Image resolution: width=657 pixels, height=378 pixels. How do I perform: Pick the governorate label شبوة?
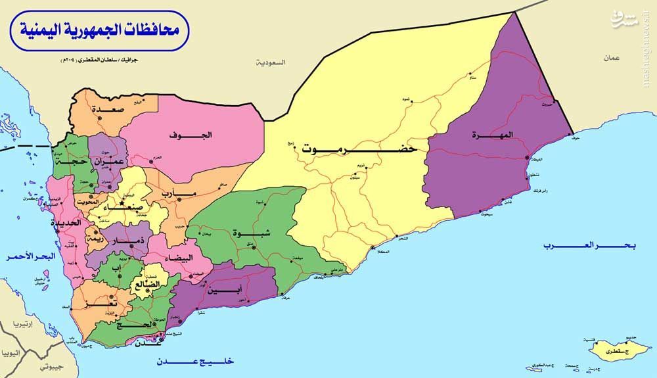242,232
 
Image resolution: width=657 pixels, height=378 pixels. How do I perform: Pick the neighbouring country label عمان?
612,59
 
